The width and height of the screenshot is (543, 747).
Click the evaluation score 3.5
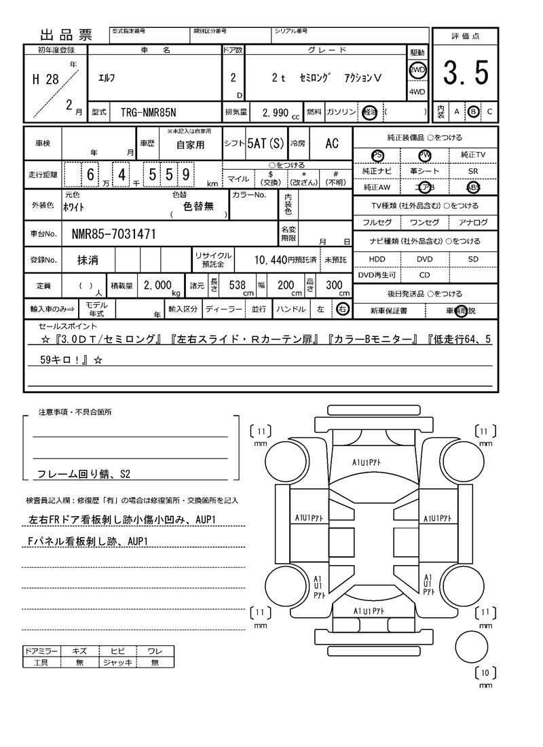coord(466,73)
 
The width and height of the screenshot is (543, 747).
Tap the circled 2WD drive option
coord(417,70)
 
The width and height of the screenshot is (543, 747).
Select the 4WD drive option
coord(417,92)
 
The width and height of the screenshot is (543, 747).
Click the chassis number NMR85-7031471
coord(114,235)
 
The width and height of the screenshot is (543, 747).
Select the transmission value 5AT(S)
coord(265,143)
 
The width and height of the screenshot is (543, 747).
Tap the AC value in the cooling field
coord(331,143)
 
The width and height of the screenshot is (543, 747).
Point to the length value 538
coord(237,286)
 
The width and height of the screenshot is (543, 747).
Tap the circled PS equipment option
coord(377,155)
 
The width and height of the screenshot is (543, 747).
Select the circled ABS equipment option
coord(472,187)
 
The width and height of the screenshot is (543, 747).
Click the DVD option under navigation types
coord(425,259)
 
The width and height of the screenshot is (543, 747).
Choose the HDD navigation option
coord(377,259)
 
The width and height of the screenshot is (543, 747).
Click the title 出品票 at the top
coord(67,35)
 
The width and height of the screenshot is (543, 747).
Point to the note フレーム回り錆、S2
coord(83,474)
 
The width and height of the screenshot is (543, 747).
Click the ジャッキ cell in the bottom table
coord(117,662)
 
